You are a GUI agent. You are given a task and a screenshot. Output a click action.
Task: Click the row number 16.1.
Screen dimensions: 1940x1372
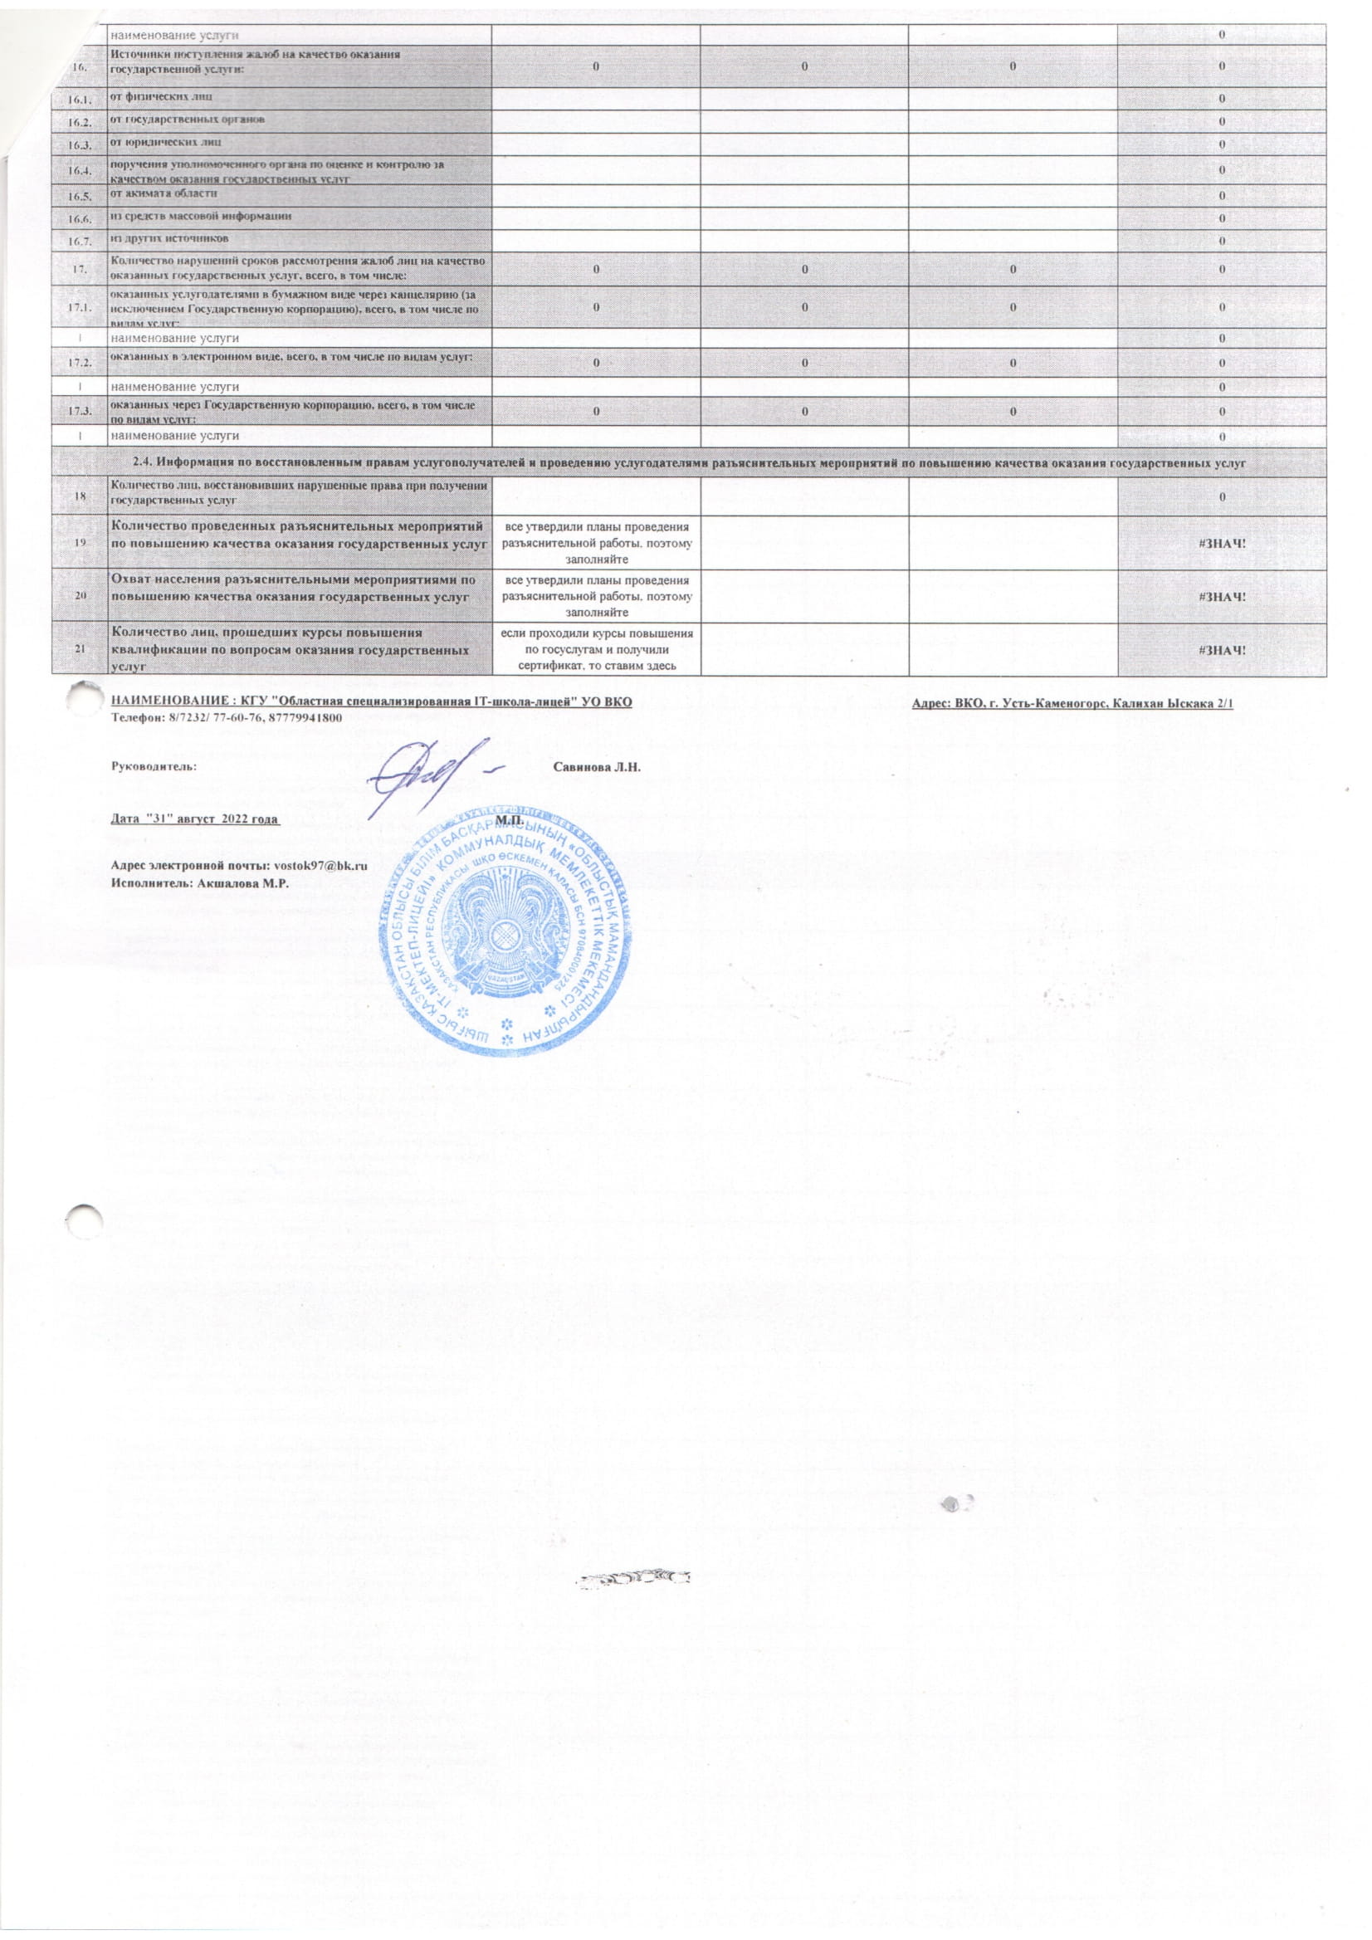coord(78,99)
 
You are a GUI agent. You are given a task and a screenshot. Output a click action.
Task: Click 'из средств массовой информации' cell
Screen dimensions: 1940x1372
coord(202,217)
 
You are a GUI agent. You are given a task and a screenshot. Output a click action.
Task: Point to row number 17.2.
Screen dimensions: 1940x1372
coord(78,362)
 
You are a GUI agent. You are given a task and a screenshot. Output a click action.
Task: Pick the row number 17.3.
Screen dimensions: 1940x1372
coord(78,412)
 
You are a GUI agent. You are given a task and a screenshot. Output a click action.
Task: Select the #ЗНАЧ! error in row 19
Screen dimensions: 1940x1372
coord(1223,540)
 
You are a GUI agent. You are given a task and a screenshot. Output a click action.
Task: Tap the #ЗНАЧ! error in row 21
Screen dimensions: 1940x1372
coord(1223,649)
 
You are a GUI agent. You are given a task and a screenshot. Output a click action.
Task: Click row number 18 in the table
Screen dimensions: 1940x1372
coord(78,495)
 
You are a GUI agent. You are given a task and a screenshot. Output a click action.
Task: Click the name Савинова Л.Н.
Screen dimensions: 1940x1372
coord(598,767)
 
